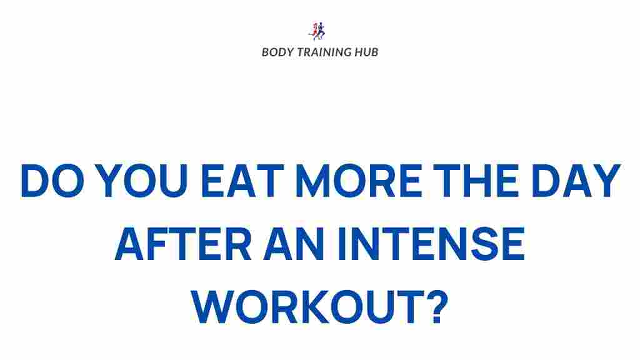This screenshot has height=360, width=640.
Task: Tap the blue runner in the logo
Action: click(322, 31)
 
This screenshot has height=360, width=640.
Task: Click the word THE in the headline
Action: click(478, 181)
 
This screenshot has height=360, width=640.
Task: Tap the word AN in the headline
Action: click(294, 245)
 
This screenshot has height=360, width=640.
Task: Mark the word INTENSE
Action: click(431, 245)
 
